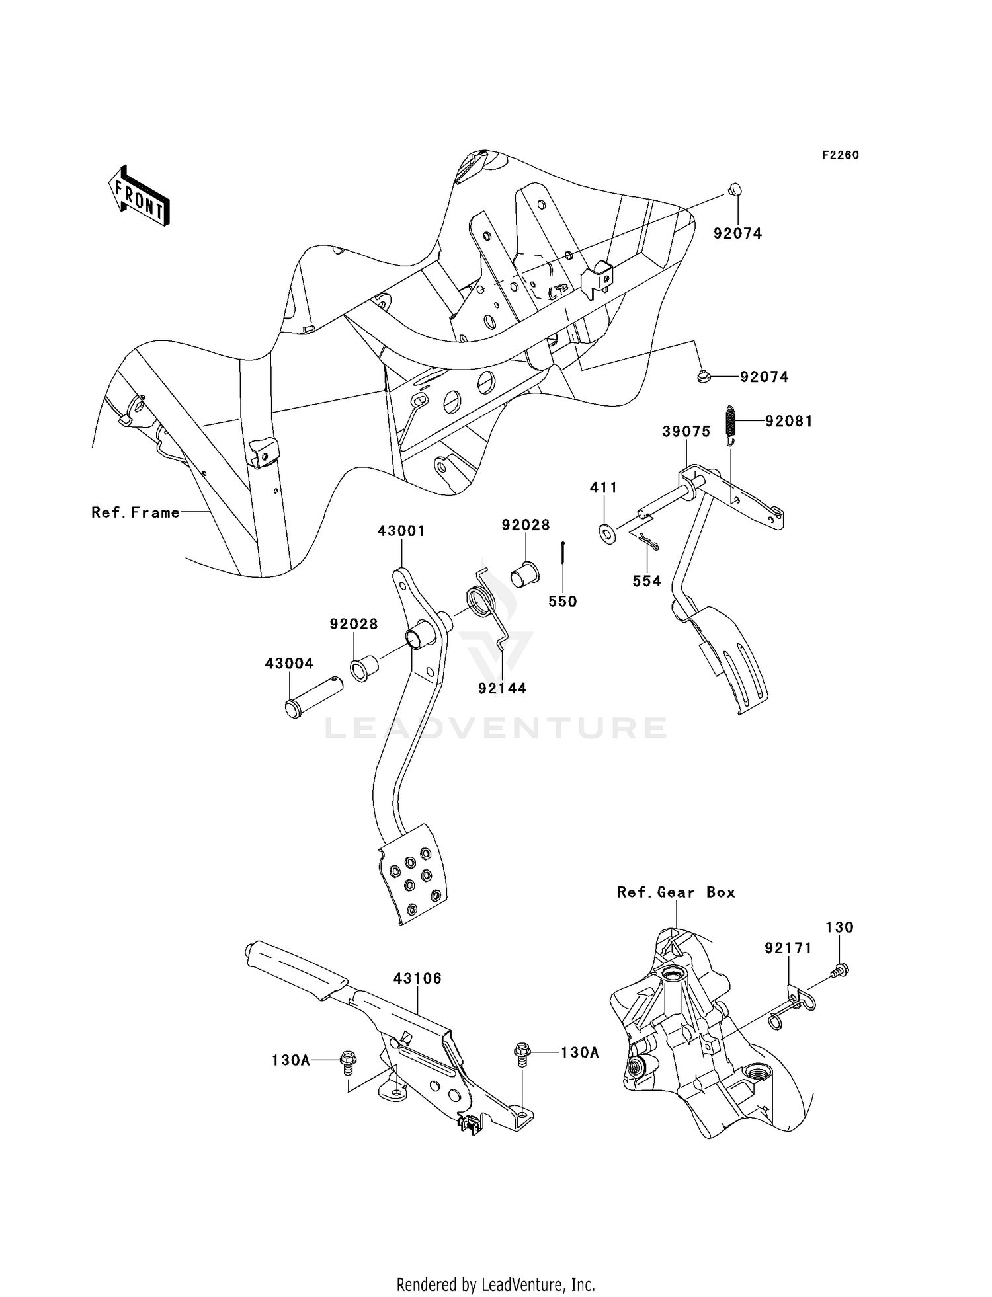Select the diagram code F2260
(x=840, y=155)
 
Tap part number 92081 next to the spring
(x=789, y=421)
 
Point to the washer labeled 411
(x=605, y=531)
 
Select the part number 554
(x=647, y=580)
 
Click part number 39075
(x=686, y=432)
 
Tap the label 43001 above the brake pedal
(x=401, y=530)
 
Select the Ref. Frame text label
(x=136, y=512)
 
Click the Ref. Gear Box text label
(x=676, y=892)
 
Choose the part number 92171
(x=788, y=948)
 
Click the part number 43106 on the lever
(x=417, y=978)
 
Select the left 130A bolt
(x=347, y=1059)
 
